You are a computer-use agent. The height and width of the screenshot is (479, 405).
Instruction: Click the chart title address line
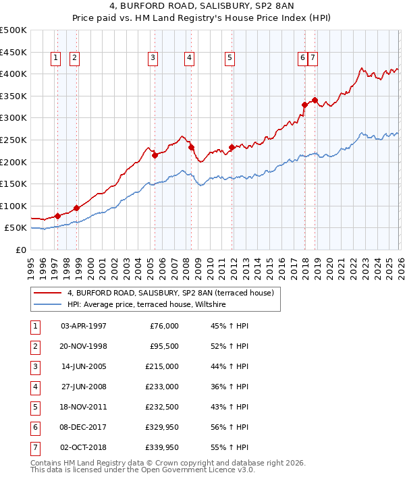(x=202, y=7)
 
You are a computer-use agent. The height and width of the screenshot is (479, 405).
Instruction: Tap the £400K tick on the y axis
(x=13, y=74)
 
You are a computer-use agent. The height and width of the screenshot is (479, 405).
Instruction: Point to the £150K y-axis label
(x=13, y=184)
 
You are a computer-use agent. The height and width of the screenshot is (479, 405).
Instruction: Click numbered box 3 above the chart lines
(x=153, y=59)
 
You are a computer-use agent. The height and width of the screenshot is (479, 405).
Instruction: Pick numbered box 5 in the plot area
(x=230, y=59)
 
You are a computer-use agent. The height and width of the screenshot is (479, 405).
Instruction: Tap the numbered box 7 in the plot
(x=314, y=59)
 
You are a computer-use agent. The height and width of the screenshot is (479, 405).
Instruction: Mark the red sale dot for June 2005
(x=155, y=155)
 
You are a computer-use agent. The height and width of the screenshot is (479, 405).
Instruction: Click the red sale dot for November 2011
(x=232, y=147)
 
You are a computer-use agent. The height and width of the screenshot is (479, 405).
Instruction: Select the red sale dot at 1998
(x=76, y=208)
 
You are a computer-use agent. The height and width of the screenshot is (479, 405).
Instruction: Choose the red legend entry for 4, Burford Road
(x=169, y=293)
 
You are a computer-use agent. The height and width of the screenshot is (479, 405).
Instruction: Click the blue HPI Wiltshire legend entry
(x=148, y=305)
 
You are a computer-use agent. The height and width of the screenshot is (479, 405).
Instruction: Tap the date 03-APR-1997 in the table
(x=83, y=326)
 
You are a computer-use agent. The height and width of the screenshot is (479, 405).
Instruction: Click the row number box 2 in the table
(x=34, y=346)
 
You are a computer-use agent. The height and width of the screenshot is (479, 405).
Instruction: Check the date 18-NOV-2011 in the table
(x=83, y=407)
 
